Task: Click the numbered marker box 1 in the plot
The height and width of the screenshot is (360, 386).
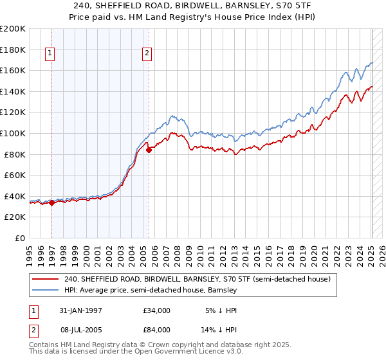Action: tap(51, 54)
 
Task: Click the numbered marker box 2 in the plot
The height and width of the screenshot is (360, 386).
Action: tap(147, 54)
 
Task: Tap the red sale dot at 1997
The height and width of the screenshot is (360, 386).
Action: tap(51, 203)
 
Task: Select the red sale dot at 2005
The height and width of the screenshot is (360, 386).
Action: tap(149, 150)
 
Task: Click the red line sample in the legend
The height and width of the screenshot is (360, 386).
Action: tap(45, 280)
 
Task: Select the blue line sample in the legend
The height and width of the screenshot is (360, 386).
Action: tap(45, 291)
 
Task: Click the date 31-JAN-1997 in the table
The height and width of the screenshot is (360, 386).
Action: tap(85, 310)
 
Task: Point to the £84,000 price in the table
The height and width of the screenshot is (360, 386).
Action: tap(157, 329)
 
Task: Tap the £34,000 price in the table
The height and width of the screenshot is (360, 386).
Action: tap(157, 310)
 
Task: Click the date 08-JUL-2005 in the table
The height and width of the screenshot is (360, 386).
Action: tap(85, 329)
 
